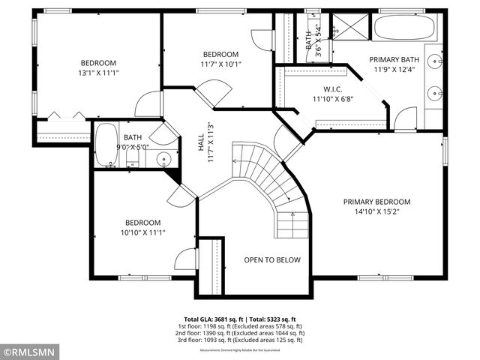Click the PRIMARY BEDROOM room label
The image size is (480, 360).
pyautogui.click(x=376, y=202)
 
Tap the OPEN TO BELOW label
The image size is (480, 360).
pyautogui.click(x=272, y=260)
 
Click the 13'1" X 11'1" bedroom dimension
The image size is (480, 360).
pyautogui.click(x=99, y=73)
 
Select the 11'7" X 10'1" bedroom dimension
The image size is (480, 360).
pyautogui.click(x=220, y=64)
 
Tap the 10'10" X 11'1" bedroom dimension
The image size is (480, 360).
pyautogui.click(x=142, y=233)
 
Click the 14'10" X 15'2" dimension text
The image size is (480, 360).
pyautogui.click(x=376, y=212)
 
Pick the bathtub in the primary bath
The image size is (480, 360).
pyautogui.click(x=403, y=28)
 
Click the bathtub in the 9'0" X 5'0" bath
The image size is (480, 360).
pyautogui.click(x=105, y=146)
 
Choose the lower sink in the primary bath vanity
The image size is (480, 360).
pyautogui.click(x=434, y=94)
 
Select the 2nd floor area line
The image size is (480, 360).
pyautogui.click(x=240, y=333)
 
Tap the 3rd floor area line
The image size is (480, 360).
pyautogui.click(x=240, y=340)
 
